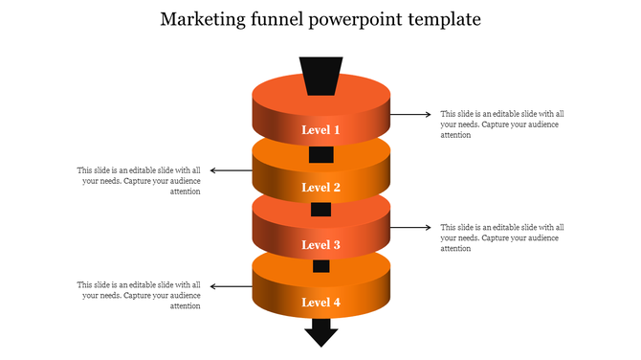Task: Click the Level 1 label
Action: (320, 129)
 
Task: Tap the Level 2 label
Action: (320, 188)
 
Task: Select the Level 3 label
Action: (320, 245)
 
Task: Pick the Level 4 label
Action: (320, 303)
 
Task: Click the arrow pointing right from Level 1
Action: (411, 114)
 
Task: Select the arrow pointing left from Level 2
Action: (231, 171)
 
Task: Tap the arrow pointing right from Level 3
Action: (411, 228)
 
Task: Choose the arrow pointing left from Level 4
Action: (231, 286)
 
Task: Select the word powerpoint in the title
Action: (356, 20)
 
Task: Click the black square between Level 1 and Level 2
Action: (320, 154)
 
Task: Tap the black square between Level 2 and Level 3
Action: (320, 210)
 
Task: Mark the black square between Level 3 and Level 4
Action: (320, 266)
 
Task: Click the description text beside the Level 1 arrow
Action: (501, 124)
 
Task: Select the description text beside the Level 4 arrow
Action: (140, 296)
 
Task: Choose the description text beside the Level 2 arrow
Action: (140, 181)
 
